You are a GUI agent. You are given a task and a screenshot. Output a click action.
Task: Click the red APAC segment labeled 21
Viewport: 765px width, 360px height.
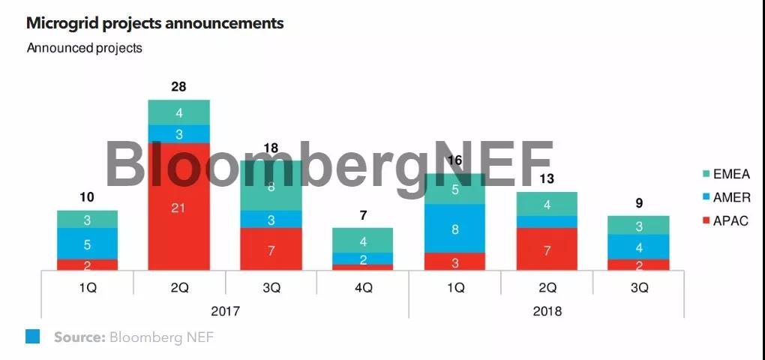coord(178,207)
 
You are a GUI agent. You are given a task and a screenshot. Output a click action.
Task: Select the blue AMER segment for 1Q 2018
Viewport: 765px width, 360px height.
coord(454,229)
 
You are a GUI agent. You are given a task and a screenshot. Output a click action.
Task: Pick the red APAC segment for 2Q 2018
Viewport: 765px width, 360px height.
coord(547,249)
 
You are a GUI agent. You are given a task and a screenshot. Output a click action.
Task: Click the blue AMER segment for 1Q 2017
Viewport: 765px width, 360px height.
coord(87,244)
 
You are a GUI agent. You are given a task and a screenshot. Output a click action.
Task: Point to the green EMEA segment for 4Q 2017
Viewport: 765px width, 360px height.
coord(362,241)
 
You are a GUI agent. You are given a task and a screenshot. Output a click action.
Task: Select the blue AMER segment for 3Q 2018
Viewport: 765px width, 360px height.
coord(638,247)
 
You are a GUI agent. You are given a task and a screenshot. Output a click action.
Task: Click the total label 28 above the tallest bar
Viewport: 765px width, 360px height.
coord(178,87)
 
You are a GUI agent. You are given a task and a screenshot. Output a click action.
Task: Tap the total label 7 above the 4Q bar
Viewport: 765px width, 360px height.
coord(362,216)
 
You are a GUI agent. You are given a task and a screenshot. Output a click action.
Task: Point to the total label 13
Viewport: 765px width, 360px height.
coord(547,178)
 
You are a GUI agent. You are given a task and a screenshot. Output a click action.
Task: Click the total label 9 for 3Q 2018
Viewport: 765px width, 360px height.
coord(638,203)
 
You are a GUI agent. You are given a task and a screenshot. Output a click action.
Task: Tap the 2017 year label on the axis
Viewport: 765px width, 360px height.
coord(224,310)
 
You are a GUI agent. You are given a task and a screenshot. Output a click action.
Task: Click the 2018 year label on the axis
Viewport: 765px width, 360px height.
coord(546,310)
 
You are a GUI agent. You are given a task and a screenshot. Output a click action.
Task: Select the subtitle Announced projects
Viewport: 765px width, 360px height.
coord(84,48)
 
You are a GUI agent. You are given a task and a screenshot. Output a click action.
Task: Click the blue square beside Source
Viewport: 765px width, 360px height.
coord(33,337)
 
